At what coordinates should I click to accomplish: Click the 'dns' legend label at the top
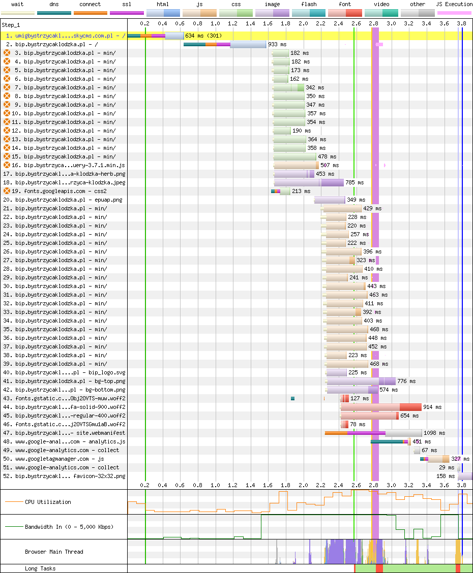coord(54,5)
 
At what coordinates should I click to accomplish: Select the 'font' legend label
coord(345,5)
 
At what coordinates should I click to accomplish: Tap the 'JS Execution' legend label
coord(454,5)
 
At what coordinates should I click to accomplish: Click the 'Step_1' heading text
coord(11,25)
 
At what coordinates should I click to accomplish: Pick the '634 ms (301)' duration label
coord(203,36)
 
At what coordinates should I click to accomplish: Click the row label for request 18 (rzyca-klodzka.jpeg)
coord(64,183)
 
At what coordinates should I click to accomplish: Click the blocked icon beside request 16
coord(7,165)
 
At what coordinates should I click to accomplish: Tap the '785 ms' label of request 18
coord(354,183)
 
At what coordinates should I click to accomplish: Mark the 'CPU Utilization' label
coord(48,502)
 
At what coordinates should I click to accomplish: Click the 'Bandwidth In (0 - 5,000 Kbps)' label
coord(69,527)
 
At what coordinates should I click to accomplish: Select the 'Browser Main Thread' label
coord(54,552)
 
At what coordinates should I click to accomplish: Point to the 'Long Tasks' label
coord(40,568)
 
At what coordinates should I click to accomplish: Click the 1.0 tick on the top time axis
coord(216,23)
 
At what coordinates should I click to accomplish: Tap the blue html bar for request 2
coord(248,45)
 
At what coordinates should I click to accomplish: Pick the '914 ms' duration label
coord(432,407)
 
